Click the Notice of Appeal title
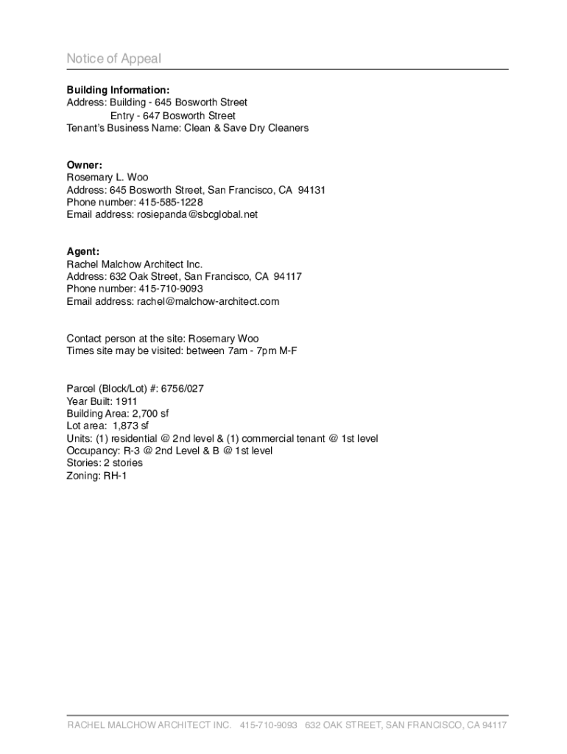pos(113,59)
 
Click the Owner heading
pos(84,165)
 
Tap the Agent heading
pos(82,251)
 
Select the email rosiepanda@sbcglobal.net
pos(197,214)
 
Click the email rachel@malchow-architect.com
pos(208,301)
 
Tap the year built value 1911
pos(127,401)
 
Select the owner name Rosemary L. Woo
pos(107,177)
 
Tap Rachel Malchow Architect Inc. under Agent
pos(134,264)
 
